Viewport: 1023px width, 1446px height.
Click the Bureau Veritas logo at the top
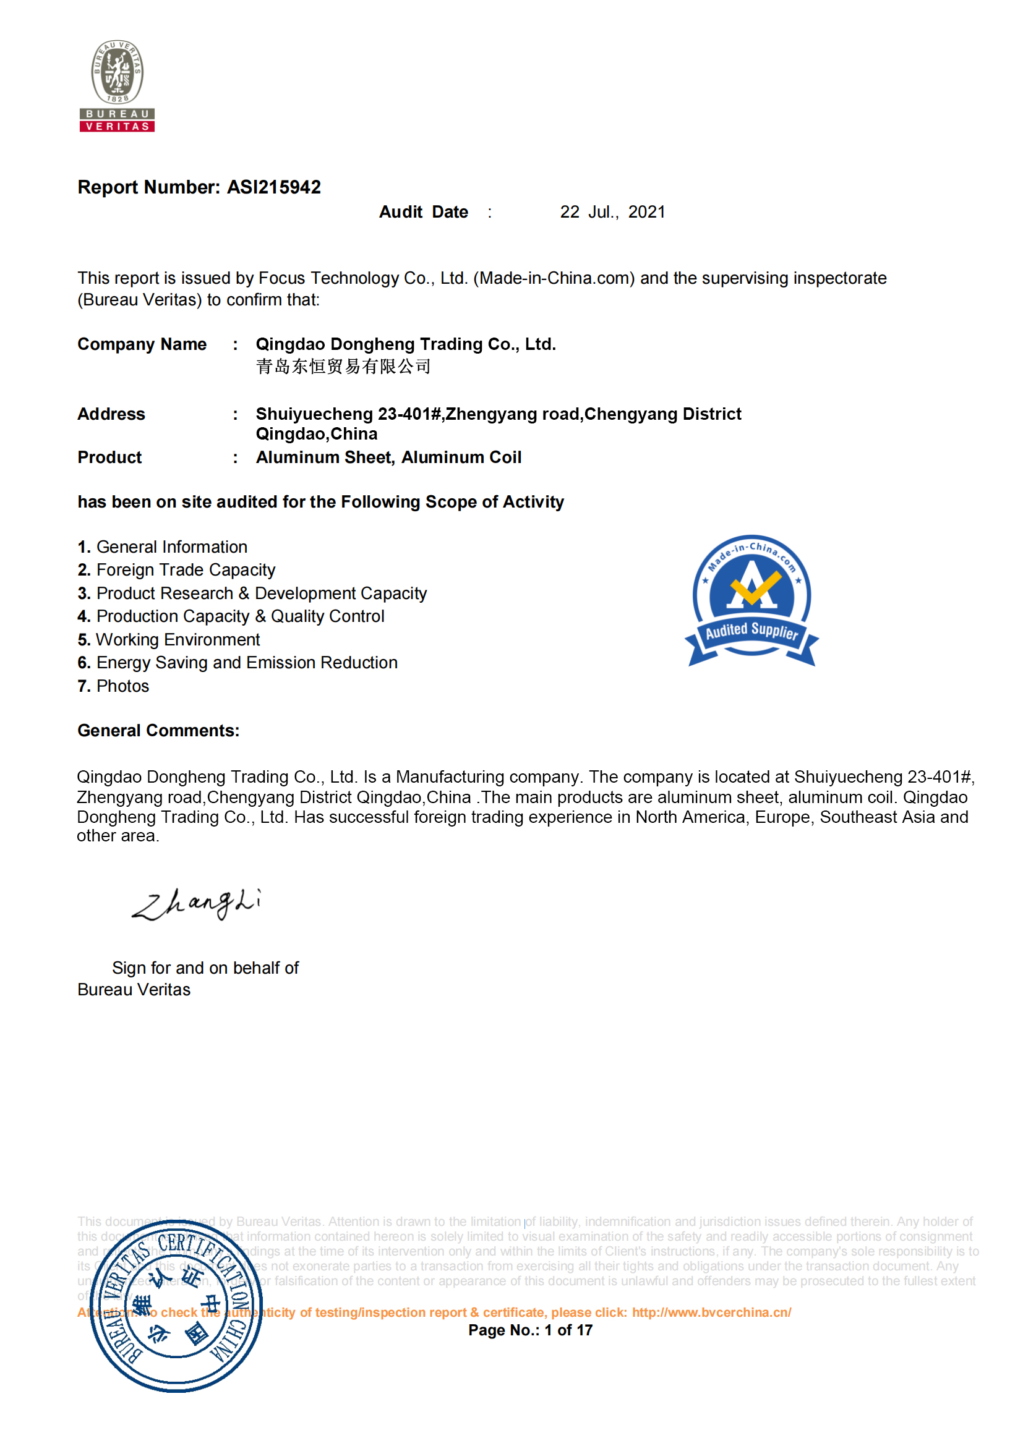pos(117,85)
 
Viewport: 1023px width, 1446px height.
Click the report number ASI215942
pos(273,187)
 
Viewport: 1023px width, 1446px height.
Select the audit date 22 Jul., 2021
pos(612,212)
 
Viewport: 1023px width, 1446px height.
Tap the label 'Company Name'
pos(142,344)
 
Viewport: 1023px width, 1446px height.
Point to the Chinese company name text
pos(343,367)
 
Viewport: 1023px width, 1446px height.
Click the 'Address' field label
pos(111,414)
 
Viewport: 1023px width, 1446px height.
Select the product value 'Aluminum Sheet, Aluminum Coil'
pos(388,458)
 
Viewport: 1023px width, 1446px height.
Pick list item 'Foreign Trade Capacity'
pos(185,570)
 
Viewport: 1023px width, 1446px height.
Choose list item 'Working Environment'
pos(178,640)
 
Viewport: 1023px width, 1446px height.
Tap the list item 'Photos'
pos(122,686)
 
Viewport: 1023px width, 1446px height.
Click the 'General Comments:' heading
pos(158,731)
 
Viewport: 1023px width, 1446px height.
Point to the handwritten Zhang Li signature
pos(197,904)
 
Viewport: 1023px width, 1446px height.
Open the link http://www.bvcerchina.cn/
pos(711,1312)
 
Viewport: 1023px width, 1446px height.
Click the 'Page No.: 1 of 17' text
pos(531,1330)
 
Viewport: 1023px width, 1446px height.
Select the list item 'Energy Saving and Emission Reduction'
pos(246,663)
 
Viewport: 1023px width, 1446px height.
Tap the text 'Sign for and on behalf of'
pos(205,968)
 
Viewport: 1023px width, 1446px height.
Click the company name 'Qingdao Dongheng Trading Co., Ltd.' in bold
pos(406,344)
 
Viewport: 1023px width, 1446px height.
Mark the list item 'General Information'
pos(171,547)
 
